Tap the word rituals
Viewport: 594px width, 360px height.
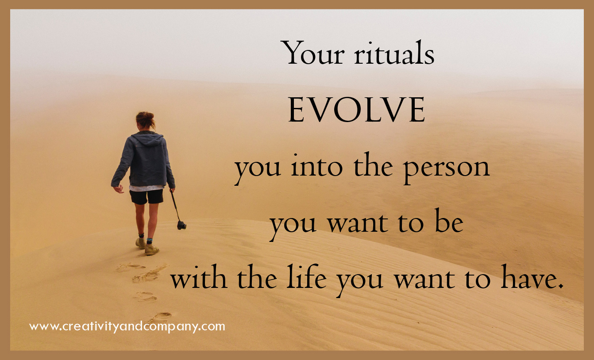pos(394,53)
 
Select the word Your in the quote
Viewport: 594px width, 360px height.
pos(313,53)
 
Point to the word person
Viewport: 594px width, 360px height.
pos(446,169)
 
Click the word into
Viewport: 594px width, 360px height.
pos(317,166)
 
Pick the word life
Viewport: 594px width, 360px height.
pos(307,276)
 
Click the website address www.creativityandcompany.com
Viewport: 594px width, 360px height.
pos(127,326)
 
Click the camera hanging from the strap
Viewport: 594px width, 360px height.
pos(181,225)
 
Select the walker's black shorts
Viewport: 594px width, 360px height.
pos(147,196)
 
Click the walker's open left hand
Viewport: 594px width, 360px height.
pos(119,189)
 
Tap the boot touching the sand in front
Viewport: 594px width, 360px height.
pos(151,249)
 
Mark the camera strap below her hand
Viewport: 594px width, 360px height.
pos(175,205)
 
